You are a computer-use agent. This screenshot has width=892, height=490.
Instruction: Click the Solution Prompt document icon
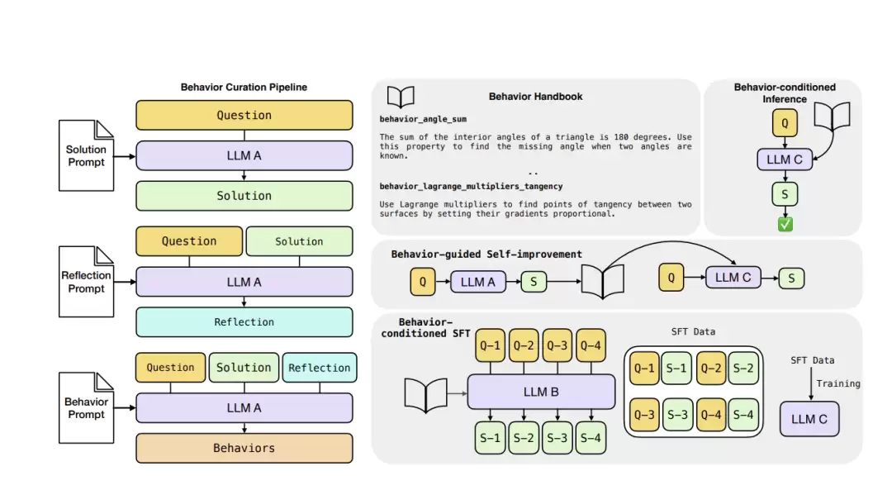click(x=87, y=156)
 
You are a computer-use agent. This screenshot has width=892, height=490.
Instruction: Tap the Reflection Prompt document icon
click(x=87, y=282)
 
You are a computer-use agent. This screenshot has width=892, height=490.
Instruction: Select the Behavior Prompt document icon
click(x=87, y=408)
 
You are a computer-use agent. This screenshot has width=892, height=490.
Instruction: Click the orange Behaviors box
click(x=244, y=448)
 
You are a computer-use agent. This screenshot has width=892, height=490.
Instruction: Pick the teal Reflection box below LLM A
click(x=244, y=322)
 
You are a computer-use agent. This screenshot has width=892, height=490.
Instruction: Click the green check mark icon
click(x=785, y=225)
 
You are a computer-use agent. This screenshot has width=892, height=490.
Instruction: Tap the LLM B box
click(x=541, y=392)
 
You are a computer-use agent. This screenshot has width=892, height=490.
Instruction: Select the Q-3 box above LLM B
click(x=557, y=345)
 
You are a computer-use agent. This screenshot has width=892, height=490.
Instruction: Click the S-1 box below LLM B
click(x=490, y=438)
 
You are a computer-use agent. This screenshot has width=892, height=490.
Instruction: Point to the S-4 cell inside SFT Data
click(x=743, y=414)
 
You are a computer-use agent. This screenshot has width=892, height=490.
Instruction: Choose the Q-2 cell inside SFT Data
click(x=711, y=368)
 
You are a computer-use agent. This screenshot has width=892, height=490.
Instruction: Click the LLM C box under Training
click(x=809, y=419)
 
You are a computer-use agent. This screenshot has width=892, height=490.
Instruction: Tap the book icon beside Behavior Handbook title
click(x=401, y=98)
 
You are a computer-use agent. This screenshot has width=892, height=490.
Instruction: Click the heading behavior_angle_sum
click(x=423, y=119)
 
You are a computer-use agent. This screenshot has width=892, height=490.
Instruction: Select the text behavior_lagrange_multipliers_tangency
click(x=472, y=187)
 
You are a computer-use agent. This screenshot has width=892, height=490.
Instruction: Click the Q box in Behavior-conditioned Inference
click(x=784, y=124)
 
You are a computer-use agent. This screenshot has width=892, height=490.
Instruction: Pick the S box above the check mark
click(x=784, y=195)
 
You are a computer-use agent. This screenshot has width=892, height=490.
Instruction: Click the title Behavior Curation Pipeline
click(x=244, y=87)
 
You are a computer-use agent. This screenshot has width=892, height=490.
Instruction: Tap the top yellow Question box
click(x=244, y=116)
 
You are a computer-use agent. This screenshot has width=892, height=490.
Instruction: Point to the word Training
click(x=837, y=383)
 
